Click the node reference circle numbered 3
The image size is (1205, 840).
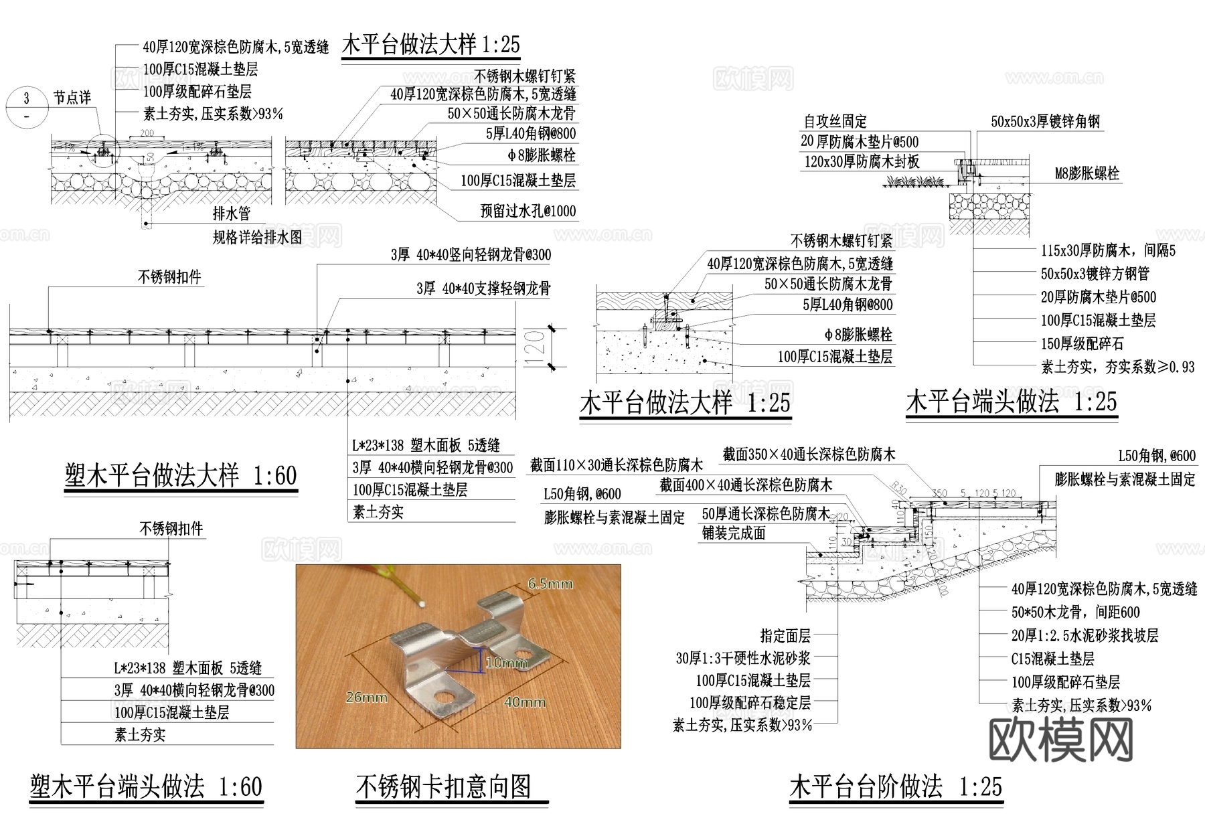(x=27, y=107)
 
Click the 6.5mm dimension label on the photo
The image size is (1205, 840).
(x=550, y=584)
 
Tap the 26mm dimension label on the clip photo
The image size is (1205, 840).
(x=366, y=697)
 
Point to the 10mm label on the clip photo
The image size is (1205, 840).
(x=507, y=663)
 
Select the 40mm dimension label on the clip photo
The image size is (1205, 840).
(x=524, y=701)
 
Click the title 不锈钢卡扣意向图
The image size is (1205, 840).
(x=444, y=786)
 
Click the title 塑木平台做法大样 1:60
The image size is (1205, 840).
(x=181, y=476)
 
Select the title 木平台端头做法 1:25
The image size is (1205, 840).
(x=1011, y=402)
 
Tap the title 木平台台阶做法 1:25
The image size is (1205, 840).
(x=896, y=786)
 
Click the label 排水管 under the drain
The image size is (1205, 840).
(x=232, y=214)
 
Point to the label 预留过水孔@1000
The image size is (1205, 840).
(x=528, y=211)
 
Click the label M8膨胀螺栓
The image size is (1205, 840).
(x=1087, y=174)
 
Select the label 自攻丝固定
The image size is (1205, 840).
(x=835, y=121)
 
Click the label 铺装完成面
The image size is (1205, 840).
(x=733, y=533)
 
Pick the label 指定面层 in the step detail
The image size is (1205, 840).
(x=785, y=635)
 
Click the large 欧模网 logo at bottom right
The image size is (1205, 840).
(x=1061, y=740)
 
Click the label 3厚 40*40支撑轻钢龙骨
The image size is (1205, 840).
(x=483, y=288)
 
